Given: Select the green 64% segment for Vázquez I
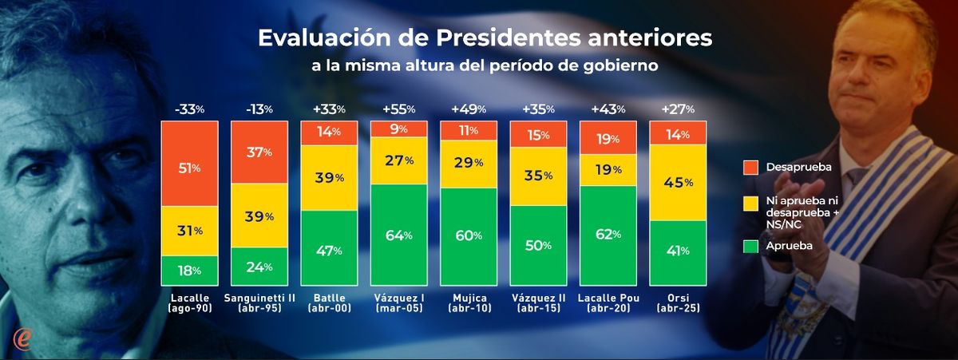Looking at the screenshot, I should pos(398,235).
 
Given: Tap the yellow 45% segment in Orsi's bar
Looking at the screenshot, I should pos(678,182).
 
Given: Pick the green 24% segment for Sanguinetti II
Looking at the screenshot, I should pos(259,267).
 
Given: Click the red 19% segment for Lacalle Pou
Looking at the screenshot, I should pos(608,137).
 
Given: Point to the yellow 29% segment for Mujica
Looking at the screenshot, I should pos(467,163).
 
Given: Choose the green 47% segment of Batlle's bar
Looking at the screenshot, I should pos(328,251).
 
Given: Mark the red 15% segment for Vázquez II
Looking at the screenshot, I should pos(537,136).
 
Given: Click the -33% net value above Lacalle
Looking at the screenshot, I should pos(188,109).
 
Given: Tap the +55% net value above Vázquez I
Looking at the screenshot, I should pos(398,109).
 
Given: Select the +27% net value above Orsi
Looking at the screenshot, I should pos(678,109).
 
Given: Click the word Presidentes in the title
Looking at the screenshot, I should pos(501,38).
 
